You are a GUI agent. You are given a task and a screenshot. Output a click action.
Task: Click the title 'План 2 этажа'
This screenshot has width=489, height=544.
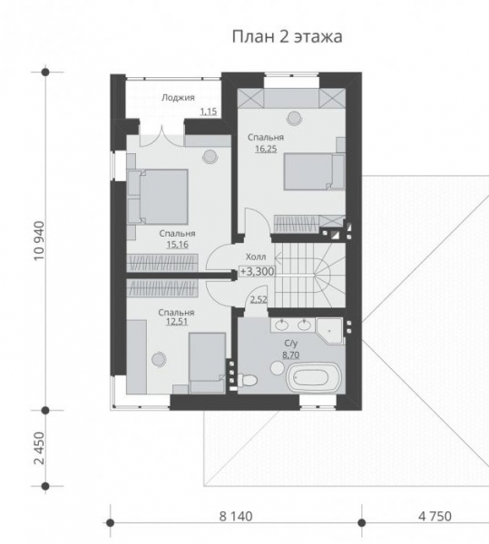[287, 37]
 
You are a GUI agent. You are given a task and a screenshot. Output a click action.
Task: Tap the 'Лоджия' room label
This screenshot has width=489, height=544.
[178, 98]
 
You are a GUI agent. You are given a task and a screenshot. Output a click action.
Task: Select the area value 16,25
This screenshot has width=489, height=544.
[266, 149]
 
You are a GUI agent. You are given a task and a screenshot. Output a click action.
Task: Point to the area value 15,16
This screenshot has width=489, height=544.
[177, 245]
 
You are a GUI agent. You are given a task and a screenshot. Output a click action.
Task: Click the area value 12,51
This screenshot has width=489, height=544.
[177, 322]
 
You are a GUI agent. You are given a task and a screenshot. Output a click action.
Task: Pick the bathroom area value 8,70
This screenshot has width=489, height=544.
[291, 355]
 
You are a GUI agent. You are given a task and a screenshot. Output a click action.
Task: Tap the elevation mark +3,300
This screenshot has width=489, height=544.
[257, 272]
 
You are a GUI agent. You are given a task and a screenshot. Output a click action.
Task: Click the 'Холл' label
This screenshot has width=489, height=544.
[256, 257]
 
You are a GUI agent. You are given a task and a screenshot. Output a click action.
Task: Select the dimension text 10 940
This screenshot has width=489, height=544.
[39, 241]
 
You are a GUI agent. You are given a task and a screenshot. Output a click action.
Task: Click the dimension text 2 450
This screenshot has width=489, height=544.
[39, 448]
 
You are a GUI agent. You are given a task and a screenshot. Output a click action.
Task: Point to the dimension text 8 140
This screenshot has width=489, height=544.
[236, 517]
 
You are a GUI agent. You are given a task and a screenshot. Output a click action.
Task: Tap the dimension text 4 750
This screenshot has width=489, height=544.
[435, 517]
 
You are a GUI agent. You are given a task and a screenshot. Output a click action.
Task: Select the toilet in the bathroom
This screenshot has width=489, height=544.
[247, 380]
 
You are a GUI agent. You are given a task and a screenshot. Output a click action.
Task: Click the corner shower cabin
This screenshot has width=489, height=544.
[329, 331]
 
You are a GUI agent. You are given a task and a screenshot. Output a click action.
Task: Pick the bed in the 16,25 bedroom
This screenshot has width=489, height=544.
[314, 171]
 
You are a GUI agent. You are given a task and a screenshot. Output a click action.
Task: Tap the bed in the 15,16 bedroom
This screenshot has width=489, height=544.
[158, 196]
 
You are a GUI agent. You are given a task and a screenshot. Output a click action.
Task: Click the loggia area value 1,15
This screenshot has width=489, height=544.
[209, 112]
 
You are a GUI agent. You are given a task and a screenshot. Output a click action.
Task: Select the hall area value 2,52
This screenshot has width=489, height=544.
[259, 299]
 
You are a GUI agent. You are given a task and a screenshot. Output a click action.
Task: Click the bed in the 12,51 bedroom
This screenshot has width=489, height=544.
[207, 363]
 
